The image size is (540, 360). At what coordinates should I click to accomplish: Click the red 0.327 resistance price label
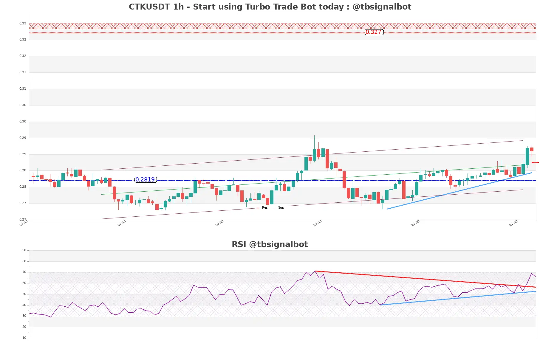[x=374, y=32]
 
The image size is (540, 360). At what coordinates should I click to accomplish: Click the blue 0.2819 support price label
[x=145, y=180]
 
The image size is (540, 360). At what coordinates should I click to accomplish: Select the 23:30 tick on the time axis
[x=318, y=223]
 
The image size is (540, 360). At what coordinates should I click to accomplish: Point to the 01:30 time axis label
[x=122, y=223]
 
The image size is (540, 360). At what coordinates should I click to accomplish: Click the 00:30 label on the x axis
[x=219, y=223]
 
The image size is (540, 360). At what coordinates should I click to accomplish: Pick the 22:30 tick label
[x=415, y=223]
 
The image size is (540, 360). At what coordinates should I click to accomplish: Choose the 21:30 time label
[x=513, y=223]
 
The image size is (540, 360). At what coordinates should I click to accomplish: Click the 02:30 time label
[x=24, y=223]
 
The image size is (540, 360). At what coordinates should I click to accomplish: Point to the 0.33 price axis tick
[x=23, y=23]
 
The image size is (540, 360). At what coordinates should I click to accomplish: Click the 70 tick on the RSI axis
[x=24, y=272]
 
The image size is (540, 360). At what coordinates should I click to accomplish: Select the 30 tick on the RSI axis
[x=24, y=316]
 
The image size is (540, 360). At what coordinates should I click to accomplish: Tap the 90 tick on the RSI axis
[x=24, y=250]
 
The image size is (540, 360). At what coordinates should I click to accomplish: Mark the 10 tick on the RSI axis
[x=24, y=338]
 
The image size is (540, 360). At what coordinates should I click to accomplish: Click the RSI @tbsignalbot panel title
[x=270, y=244]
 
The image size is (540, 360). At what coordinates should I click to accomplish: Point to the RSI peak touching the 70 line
[x=315, y=271]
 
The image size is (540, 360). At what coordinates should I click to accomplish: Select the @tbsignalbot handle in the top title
[x=382, y=7]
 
